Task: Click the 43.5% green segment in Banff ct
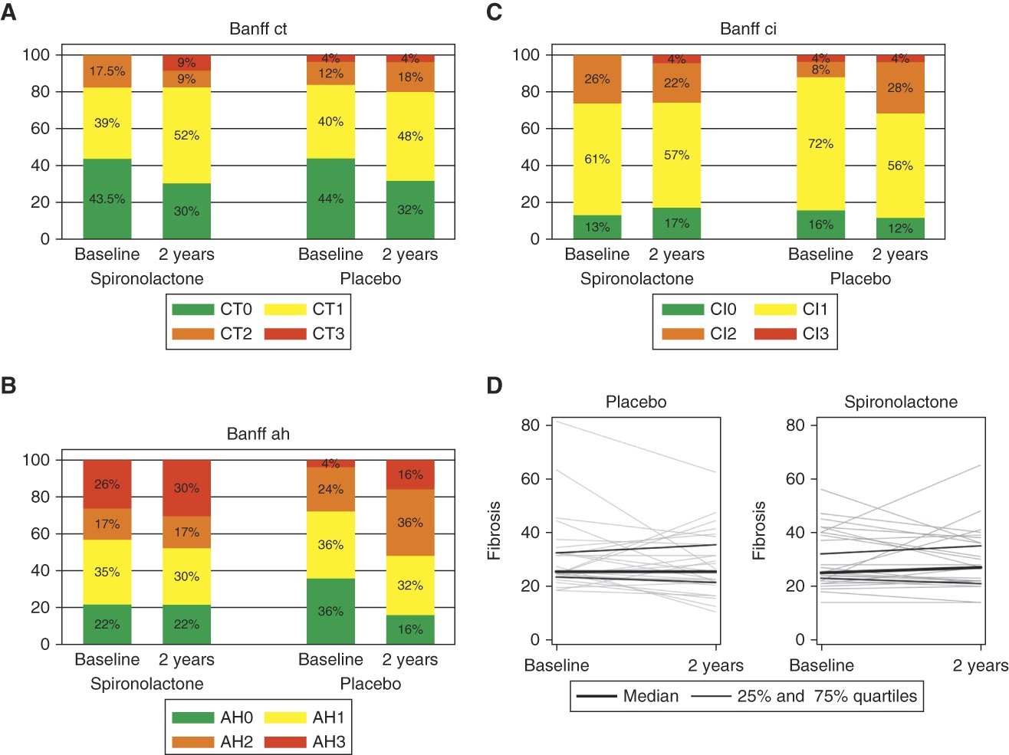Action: click(x=107, y=199)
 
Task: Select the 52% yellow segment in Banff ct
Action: click(x=186, y=135)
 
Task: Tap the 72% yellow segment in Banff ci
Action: click(x=820, y=143)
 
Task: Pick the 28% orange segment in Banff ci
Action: click(x=900, y=87)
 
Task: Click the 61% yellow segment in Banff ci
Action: click(x=597, y=159)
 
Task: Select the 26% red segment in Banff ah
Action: click(x=107, y=484)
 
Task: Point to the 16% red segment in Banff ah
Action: click(x=410, y=474)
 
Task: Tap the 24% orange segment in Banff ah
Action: click(x=330, y=489)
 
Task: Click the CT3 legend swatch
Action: click(x=284, y=334)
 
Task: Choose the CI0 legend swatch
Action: click(x=682, y=310)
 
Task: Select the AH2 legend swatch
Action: click(x=192, y=742)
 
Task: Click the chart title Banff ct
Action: click(x=258, y=29)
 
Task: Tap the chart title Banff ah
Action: click(x=258, y=434)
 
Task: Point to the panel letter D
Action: click(x=495, y=386)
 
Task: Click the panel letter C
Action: click(x=495, y=12)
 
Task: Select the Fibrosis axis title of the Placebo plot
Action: click(x=495, y=530)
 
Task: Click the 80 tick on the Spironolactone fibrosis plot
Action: click(x=795, y=425)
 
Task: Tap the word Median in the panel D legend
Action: click(x=651, y=696)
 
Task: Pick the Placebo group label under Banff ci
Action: click(x=860, y=279)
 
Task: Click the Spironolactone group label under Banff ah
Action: click(x=147, y=684)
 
